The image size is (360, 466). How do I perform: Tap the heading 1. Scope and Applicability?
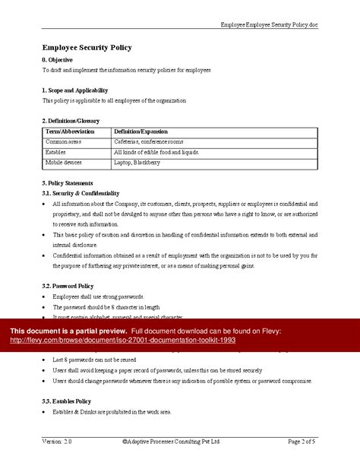click(x=80, y=90)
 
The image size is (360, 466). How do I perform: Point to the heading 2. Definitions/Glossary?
click(x=71, y=121)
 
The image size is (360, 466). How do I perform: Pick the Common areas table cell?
click(x=64, y=141)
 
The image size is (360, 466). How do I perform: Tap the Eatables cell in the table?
click(x=57, y=152)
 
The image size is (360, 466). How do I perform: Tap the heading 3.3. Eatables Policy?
click(x=67, y=401)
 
